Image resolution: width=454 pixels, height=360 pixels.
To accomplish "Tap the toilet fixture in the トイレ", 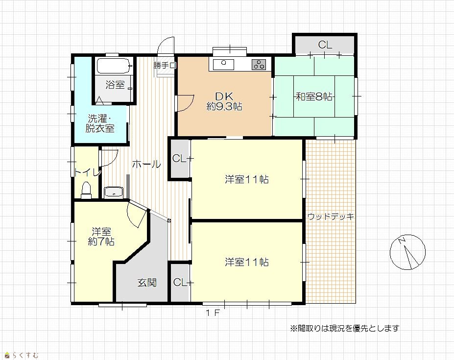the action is [86, 190].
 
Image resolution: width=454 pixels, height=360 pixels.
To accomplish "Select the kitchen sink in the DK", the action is [223, 64].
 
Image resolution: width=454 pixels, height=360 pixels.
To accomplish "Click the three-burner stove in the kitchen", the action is [259, 65].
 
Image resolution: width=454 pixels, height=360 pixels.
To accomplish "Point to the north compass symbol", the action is [407, 252].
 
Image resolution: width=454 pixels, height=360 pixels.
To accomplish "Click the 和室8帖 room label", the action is [314, 96].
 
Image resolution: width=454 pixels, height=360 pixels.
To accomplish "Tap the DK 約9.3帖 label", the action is [224, 101].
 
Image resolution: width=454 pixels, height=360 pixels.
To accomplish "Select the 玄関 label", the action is [147, 283].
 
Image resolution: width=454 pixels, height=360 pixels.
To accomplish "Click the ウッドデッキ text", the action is [331, 216].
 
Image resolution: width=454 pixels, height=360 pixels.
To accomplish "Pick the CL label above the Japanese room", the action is [325, 45].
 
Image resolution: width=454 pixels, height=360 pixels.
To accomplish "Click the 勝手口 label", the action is [165, 66].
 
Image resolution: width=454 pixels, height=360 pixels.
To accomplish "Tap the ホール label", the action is [146, 164].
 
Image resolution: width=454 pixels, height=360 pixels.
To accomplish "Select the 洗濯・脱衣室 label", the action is [100, 123].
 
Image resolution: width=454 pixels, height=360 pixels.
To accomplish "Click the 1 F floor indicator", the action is [213, 313].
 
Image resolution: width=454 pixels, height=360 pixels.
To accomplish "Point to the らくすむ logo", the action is [22, 355].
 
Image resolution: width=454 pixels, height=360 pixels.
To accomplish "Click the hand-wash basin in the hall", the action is [114, 192].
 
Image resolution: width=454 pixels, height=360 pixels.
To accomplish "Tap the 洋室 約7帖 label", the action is [101, 237].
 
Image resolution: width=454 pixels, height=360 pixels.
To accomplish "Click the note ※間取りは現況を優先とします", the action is [345, 328].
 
